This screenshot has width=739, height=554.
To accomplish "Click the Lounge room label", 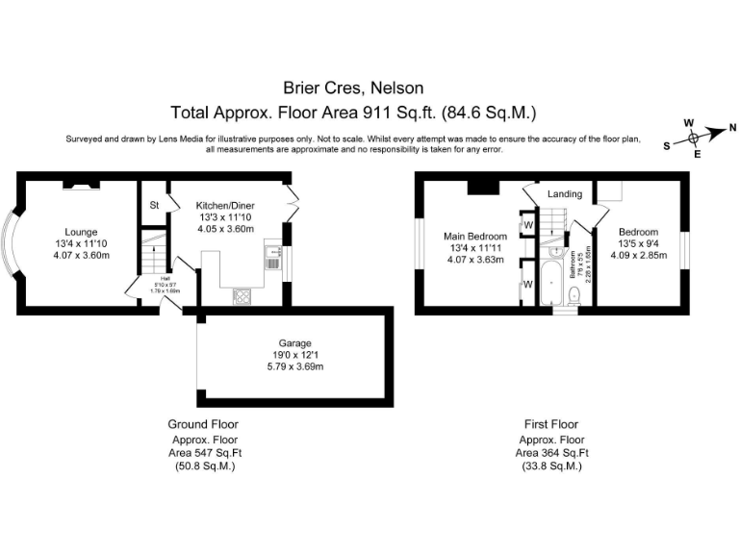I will click(80, 232).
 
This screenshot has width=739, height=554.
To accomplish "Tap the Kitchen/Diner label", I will click(224, 205).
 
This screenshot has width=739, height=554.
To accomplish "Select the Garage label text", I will click(295, 342).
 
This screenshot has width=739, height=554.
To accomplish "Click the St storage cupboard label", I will click(153, 205).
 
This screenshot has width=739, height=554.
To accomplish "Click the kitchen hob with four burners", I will click(240, 297).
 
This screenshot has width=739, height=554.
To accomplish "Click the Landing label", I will click(564, 194).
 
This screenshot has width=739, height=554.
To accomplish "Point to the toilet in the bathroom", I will click(573, 299).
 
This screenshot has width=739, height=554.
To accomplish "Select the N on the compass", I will click(732, 127).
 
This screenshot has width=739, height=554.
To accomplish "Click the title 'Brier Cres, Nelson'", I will click(351, 88).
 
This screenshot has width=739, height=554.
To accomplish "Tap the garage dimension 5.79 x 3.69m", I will click(295, 366).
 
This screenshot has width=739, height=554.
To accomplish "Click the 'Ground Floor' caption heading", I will click(203, 424).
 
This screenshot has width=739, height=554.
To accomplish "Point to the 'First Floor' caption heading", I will click(550, 424).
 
